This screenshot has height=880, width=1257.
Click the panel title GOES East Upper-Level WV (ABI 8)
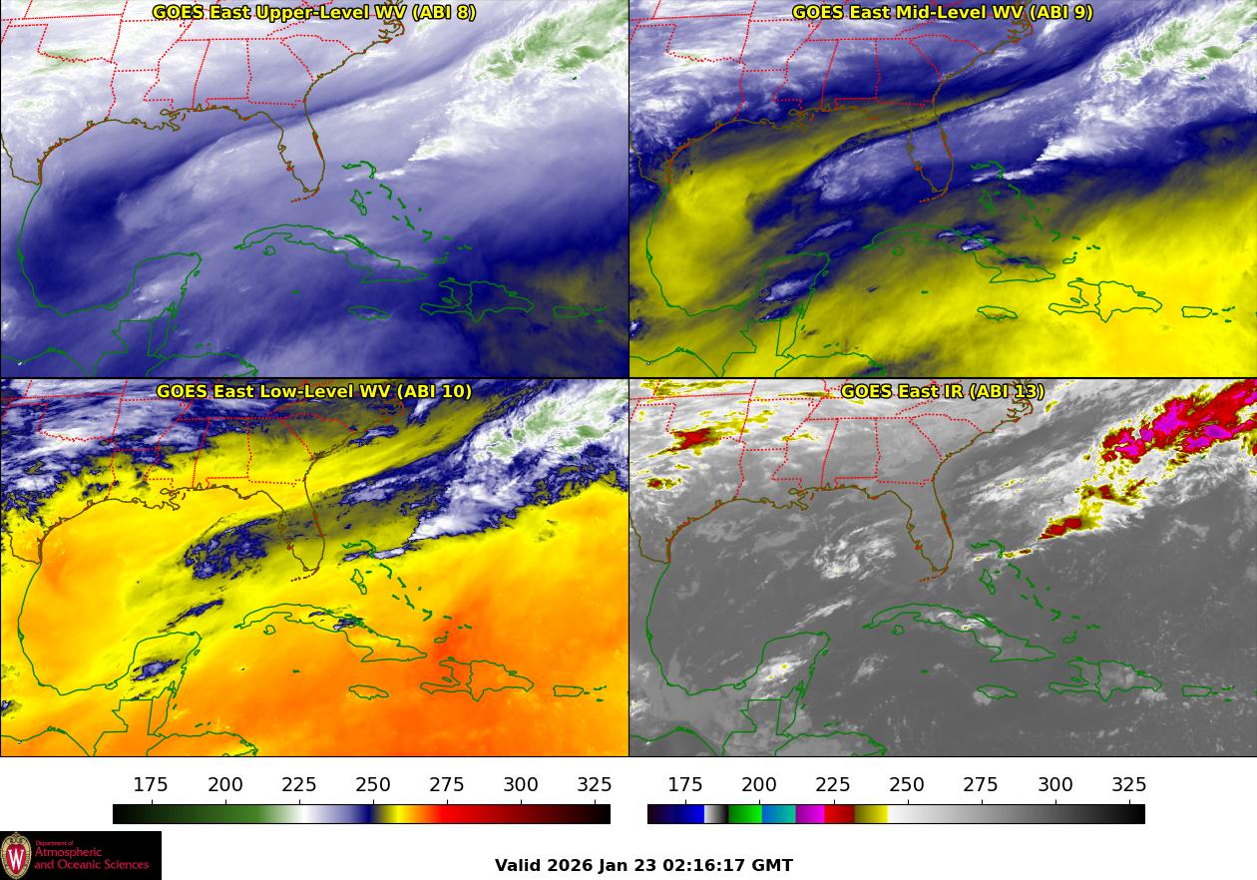pos(314,13)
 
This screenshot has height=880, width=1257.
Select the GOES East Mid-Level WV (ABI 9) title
pos(942,13)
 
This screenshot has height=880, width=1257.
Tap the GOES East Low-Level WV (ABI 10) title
pos(314,391)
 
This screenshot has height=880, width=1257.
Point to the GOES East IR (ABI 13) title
pos(942,391)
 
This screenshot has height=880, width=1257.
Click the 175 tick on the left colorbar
pos(151,785)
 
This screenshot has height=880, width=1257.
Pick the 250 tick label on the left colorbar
pos(373,785)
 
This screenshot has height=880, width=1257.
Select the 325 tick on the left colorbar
pos(596,785)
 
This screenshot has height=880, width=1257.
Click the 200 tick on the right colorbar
pos(759,785)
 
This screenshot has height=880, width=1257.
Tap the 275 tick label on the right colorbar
pos(982,785)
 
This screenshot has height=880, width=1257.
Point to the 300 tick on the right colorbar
pos(1055,785)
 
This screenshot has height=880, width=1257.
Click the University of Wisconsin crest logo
pos(16,856)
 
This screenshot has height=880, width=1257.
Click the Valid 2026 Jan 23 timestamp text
pos(643,865)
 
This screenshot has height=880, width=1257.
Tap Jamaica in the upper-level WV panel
pos(369,313)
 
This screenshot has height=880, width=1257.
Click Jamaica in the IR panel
pos(998,691)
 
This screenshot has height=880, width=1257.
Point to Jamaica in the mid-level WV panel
pos(998,313)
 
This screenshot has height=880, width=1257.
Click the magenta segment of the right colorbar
pos(810,814)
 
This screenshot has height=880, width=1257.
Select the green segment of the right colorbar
pos(744,814)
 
